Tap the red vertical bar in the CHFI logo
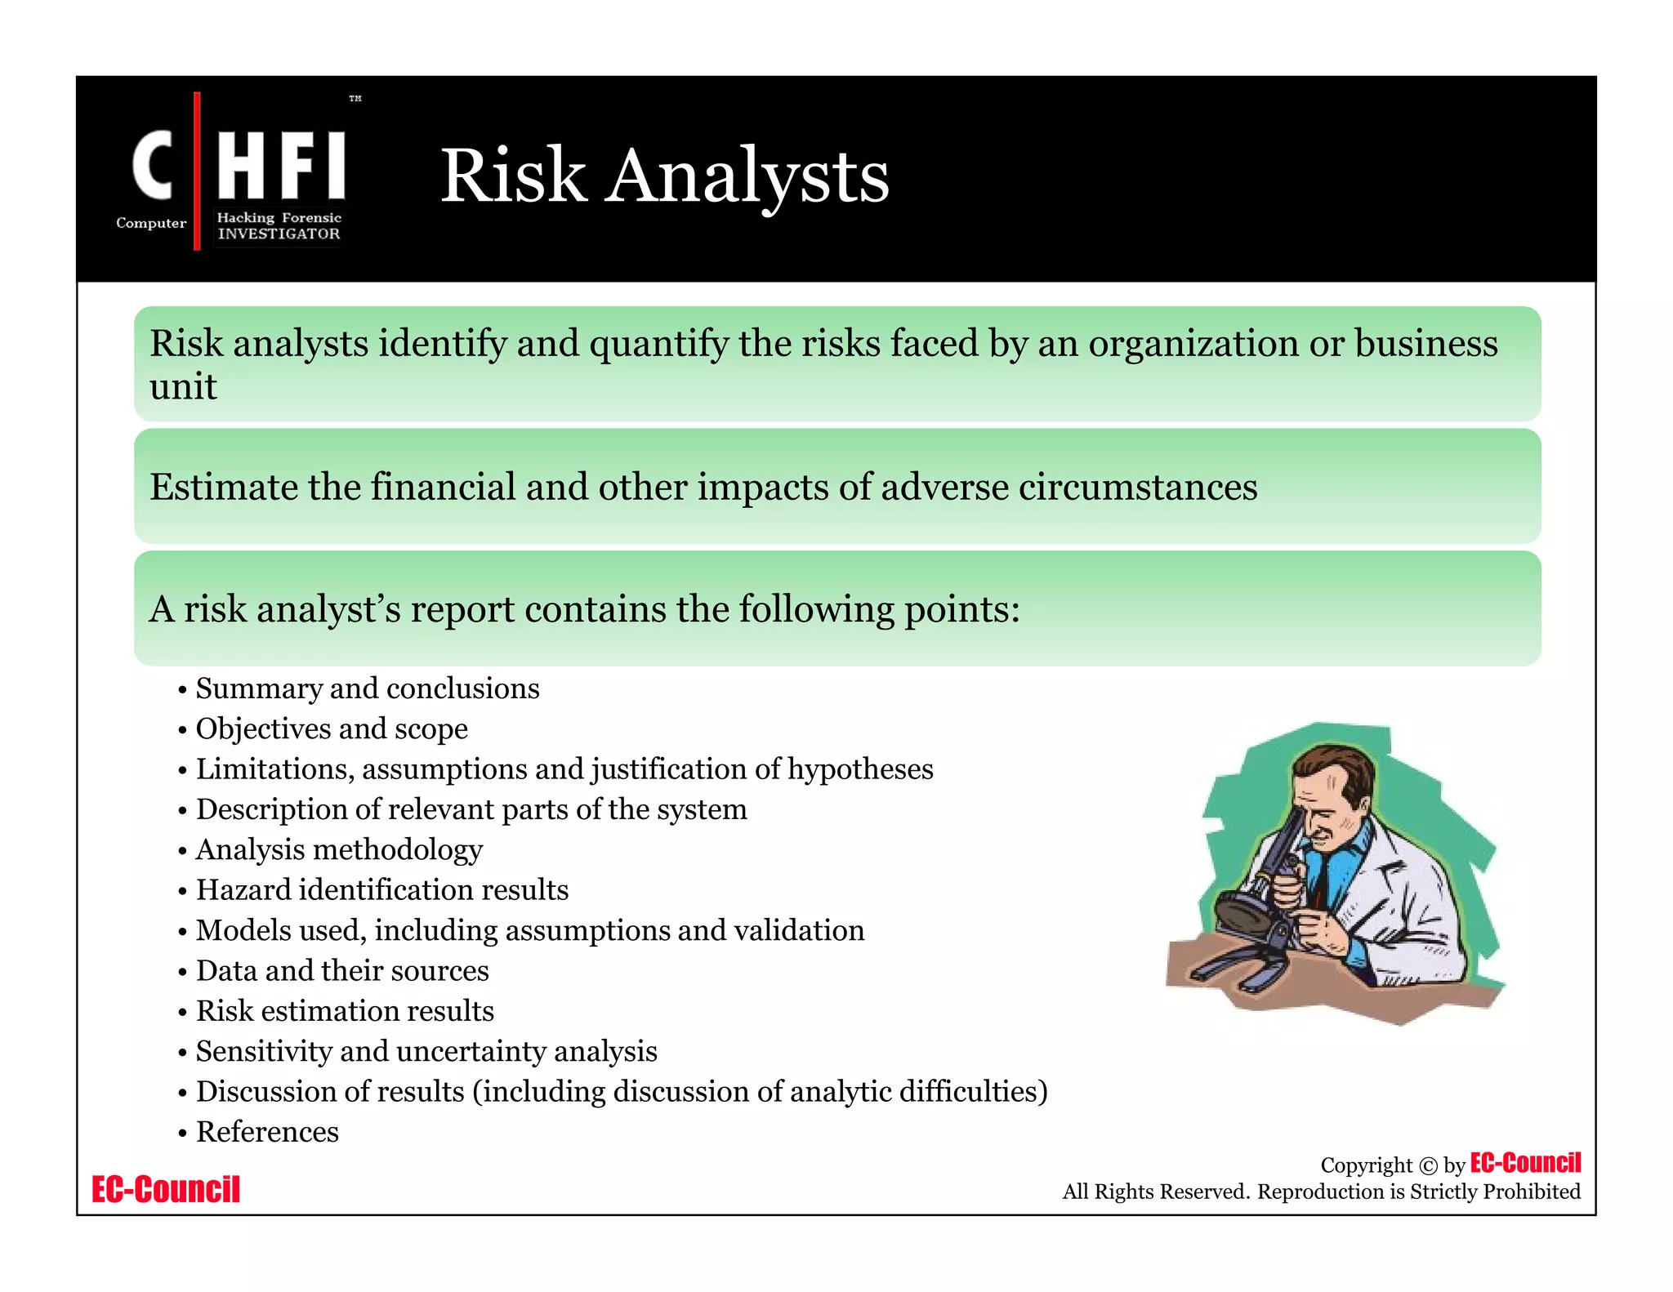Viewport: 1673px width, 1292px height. [x=197, y=172]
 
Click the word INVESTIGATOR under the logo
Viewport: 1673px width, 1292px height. [x=279, y=234]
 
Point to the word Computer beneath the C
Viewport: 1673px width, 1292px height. [x=151, y=223]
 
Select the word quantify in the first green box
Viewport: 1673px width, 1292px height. [x=658, y=344]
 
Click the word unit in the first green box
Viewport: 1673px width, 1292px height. [x=183, y=386]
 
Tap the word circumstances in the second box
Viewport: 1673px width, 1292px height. [x=1138, y=488]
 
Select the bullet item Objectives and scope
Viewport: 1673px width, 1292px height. [x=332, y=728]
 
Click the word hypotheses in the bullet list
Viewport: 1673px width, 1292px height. [x=859, y=769]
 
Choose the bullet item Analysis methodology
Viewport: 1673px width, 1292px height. [x=339, y=849]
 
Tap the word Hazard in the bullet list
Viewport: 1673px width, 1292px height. [x=243, y=889]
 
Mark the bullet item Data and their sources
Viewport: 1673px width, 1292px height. [x=342, y=970]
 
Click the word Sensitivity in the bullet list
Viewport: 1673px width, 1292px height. [x=263, y=1051]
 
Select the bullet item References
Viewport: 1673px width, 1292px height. [x=267, y=1132]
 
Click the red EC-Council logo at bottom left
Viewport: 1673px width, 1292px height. [x=166, y=1189]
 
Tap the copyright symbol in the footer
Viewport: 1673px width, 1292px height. [x=1427, y=1165]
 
